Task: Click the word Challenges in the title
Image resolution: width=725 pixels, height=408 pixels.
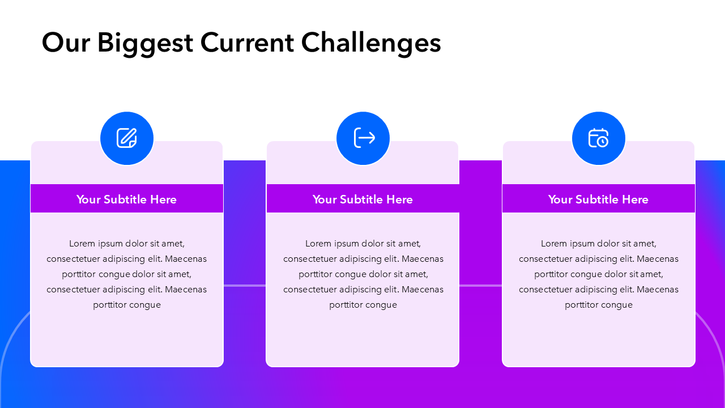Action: point(371,42)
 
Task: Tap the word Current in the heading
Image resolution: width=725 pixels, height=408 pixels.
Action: point(248,42)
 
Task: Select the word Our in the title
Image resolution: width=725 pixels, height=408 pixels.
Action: point(66,42)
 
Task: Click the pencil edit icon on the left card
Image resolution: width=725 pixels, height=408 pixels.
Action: point(126,138)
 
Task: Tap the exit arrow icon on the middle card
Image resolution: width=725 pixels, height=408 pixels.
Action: point(364,138)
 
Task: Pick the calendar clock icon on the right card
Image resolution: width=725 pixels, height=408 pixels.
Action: point(598,138)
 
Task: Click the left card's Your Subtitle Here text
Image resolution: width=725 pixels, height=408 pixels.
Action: point(126,199)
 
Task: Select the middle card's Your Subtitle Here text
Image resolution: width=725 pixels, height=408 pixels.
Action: point(362,199)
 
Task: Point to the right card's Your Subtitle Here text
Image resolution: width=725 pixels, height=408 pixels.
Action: point(598,199)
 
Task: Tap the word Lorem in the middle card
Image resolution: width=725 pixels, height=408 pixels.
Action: point(318,244)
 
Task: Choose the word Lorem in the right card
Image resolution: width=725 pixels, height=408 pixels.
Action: point(554,244)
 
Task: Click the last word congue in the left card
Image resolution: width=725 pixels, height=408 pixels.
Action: point(144,305)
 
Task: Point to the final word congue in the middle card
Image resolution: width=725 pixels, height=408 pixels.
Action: point(380,305)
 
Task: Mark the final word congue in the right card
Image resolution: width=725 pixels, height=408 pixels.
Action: point(616,305)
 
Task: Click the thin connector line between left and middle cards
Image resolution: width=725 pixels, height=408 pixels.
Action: point(245,286)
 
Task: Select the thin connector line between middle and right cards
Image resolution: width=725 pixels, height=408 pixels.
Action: point(481,286)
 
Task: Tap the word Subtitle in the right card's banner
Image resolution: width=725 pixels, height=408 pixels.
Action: point(597,199)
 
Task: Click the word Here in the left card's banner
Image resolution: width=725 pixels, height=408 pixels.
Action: point(164,199)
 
